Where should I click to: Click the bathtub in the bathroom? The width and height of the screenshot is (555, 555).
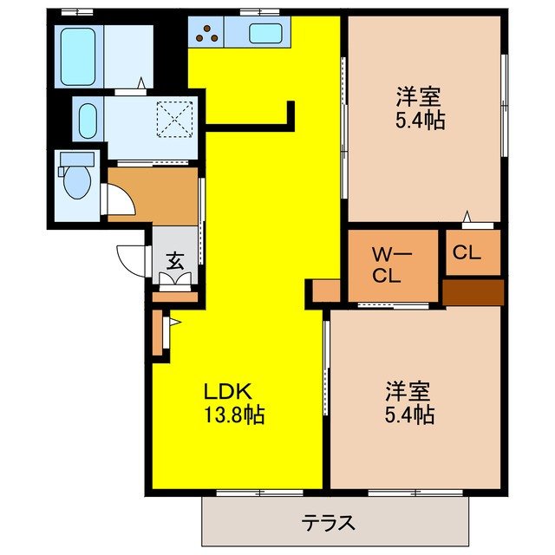coord(79,55)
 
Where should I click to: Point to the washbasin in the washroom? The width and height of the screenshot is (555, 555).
coord(88,121)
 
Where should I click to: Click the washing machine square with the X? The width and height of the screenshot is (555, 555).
coord(178,120)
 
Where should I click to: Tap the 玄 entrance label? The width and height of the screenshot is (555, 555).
coord(174,258)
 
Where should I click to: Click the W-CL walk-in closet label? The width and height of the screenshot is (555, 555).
coord(384,265)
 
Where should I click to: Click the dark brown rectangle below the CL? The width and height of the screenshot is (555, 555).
coord(473,291)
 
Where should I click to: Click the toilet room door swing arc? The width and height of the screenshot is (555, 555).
coord(120,201)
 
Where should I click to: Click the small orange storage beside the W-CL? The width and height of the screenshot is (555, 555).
coord(326,291)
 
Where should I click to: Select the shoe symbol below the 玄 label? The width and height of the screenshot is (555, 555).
coord(174,279)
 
